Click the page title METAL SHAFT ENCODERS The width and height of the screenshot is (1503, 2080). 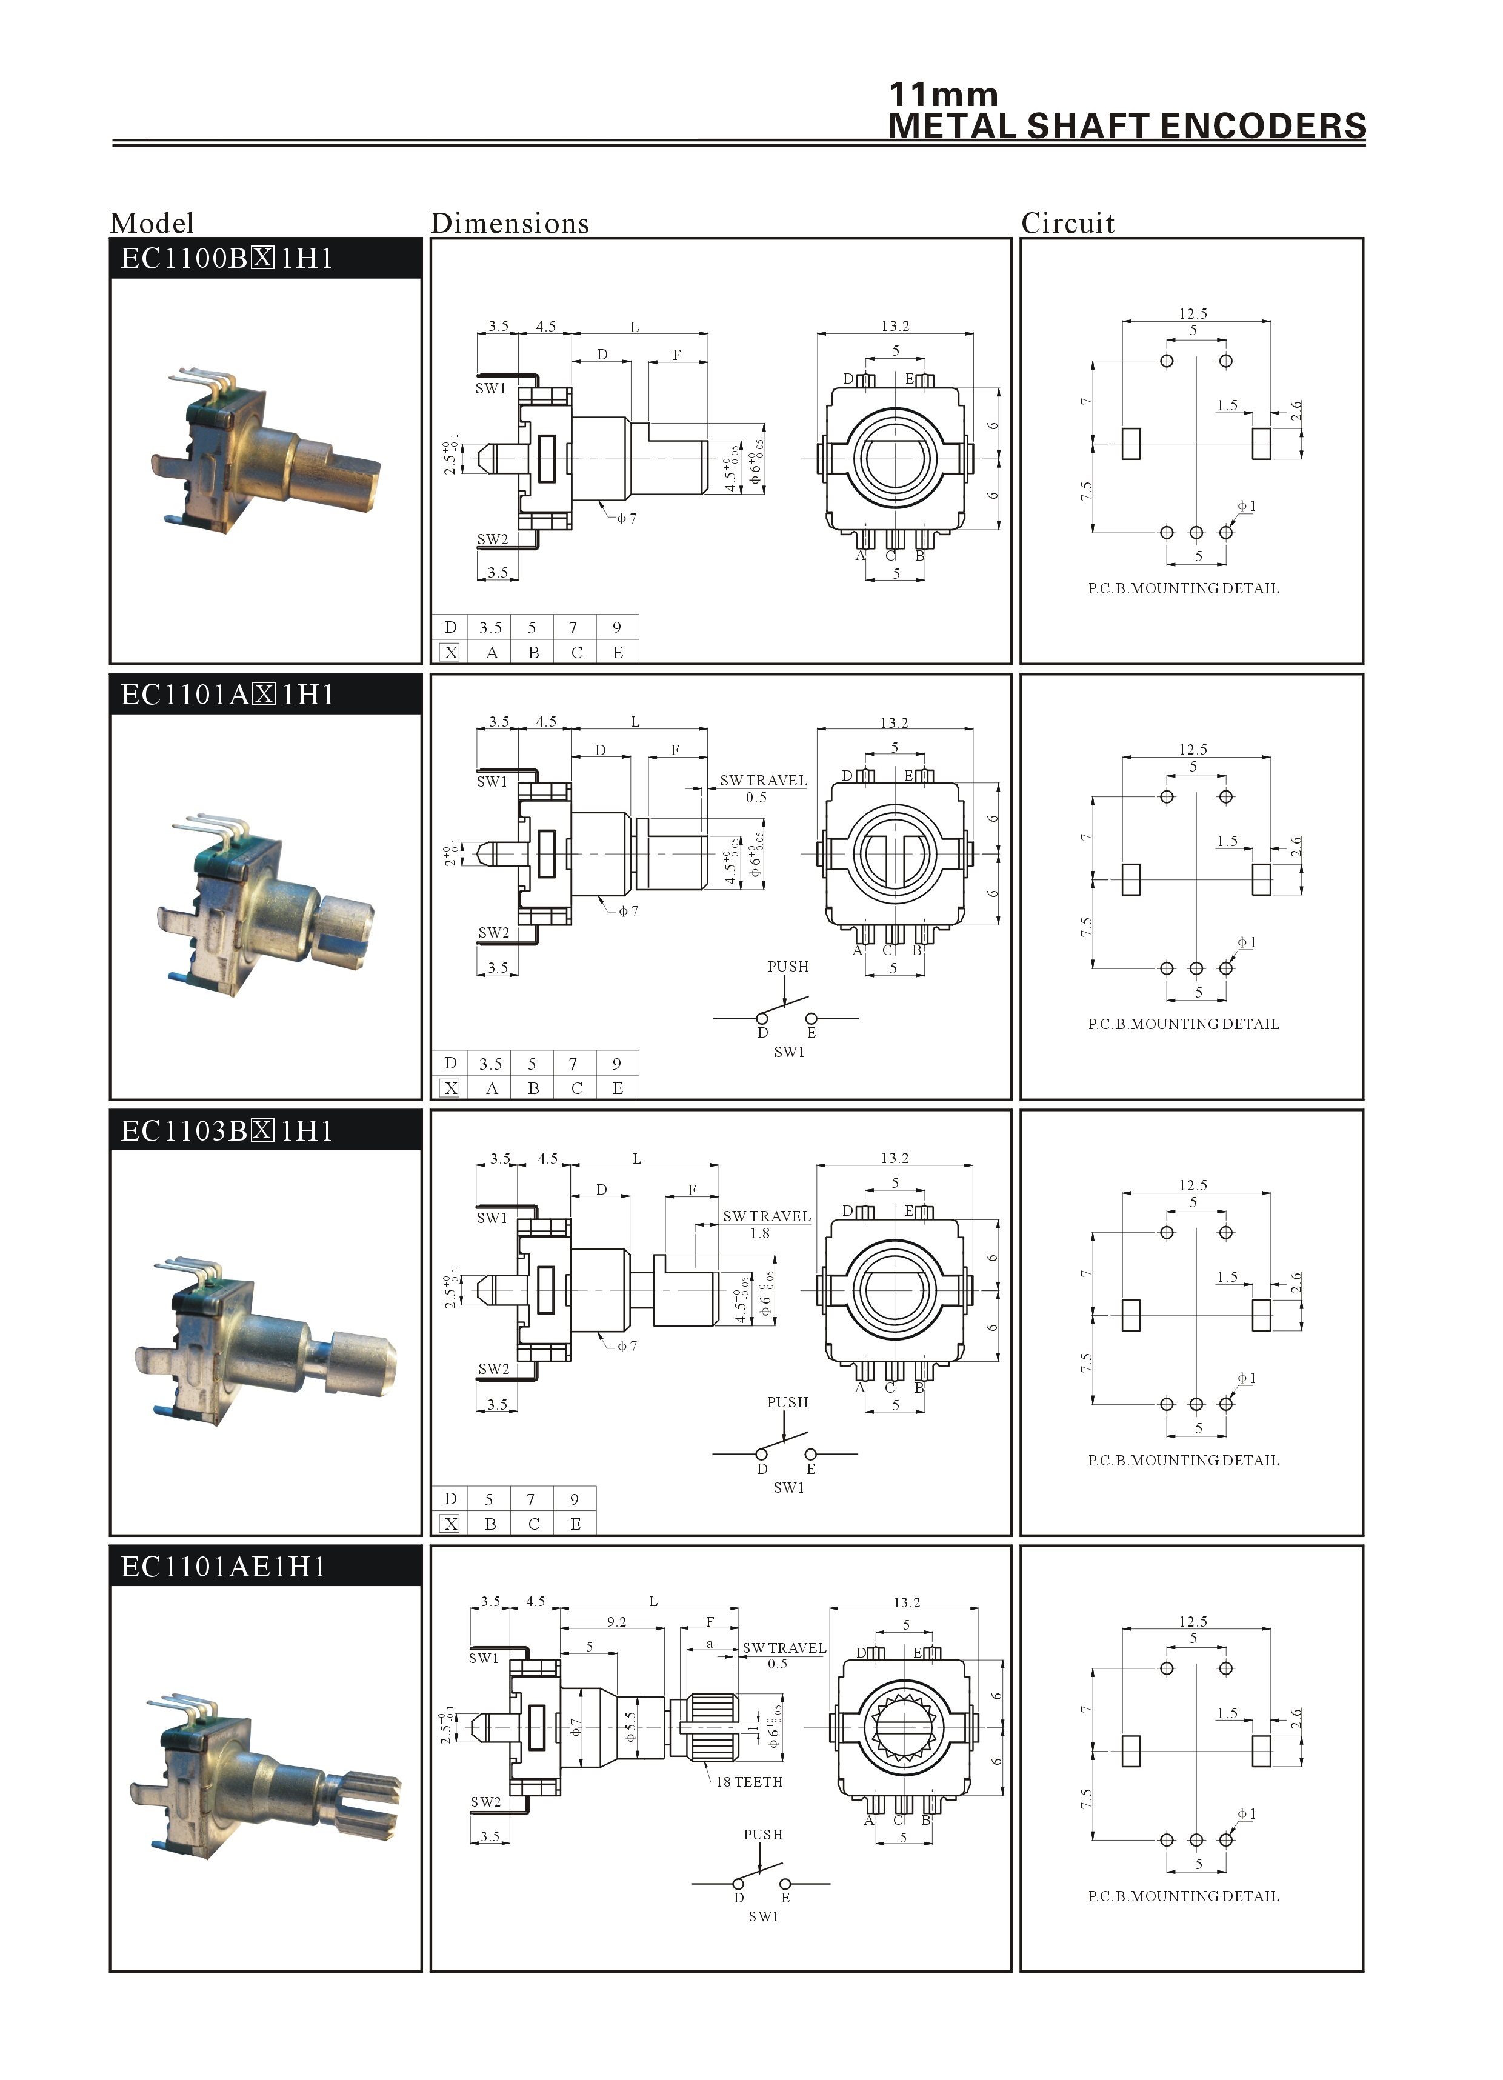tap(1127, 125)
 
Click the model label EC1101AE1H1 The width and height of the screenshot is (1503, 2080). tap(223, 1567)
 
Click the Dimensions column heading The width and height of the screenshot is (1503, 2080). tap(510, 223)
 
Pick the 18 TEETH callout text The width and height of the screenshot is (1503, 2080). tap(749, 1782)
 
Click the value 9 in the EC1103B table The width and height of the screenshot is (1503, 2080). tap(574, 1499)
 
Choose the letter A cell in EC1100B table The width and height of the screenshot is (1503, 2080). tap(492, 652)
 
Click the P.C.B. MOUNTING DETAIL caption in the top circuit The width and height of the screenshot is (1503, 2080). tap(1183, 588)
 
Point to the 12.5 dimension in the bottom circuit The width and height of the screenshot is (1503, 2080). tap(1193, 1621)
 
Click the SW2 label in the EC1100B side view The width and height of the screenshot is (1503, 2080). tap(493, 539)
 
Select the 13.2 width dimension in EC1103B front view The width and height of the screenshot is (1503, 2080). tap(894, 1158)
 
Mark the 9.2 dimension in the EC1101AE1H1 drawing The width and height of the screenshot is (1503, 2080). tap(616, 1621)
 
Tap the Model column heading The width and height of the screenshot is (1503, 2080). tap(152, 223)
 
